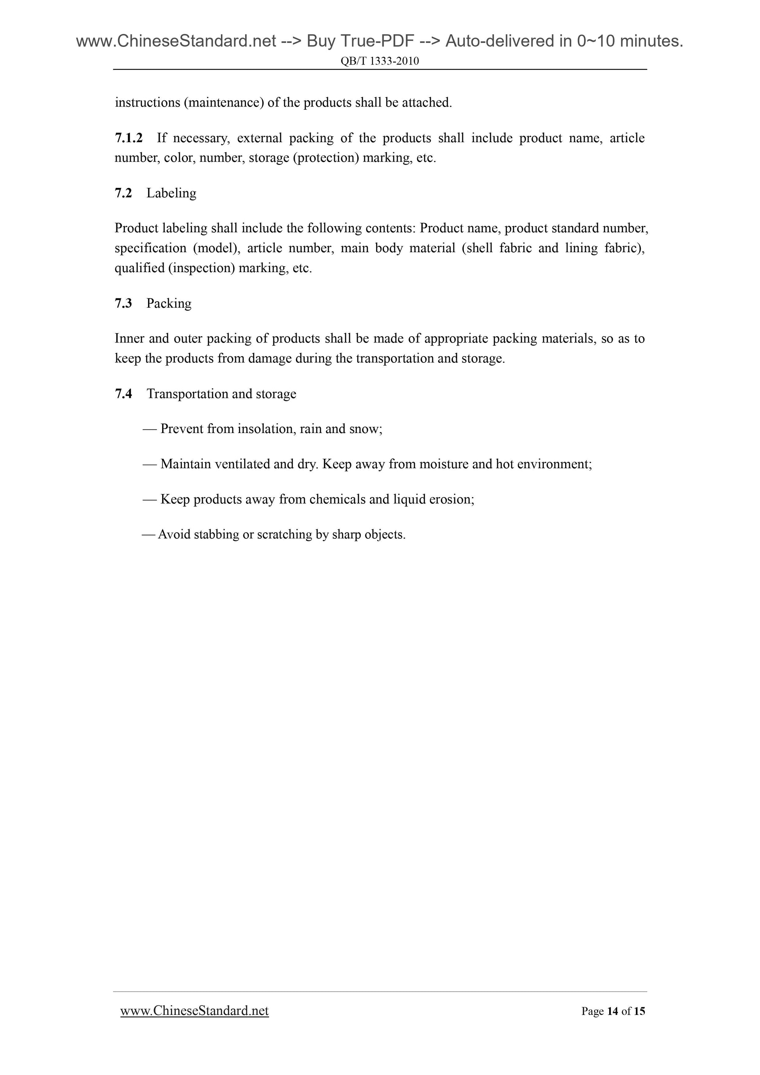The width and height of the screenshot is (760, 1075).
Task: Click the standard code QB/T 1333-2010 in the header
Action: pos(380,61)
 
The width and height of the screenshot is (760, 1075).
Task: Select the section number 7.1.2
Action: pos(128,138)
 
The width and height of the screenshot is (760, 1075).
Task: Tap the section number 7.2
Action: pos(123,193)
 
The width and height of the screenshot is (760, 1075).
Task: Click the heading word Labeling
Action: pos(171,193)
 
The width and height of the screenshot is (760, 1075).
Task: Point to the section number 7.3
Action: pos(123,303)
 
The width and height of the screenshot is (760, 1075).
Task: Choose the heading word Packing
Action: pos(169,303)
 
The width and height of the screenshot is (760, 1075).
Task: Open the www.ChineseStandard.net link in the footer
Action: pos(194,1011)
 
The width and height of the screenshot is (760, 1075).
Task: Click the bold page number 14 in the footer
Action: pos(612,1011)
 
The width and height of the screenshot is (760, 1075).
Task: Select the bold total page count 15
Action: pos(639,1011)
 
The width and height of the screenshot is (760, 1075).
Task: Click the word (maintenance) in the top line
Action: pos(223,103)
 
